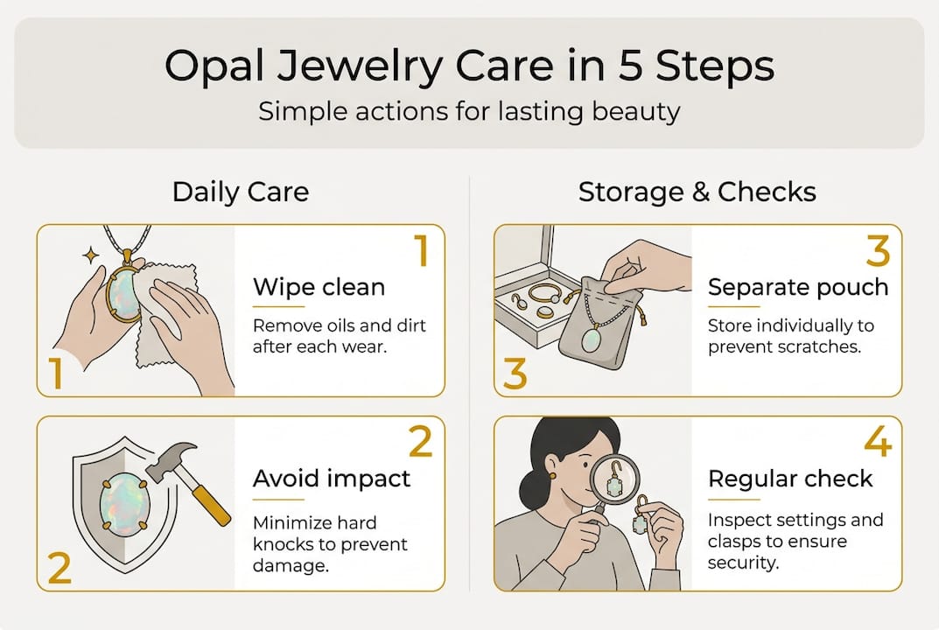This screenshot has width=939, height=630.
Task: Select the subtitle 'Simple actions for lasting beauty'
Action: tap(469, 113)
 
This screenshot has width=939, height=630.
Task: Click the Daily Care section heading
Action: tap(241, 192)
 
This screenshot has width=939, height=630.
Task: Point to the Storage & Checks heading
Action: tap(697, 192)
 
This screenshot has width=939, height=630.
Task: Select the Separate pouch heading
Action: tap(797, 287)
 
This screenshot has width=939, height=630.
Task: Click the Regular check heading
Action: tap(790, 479)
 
